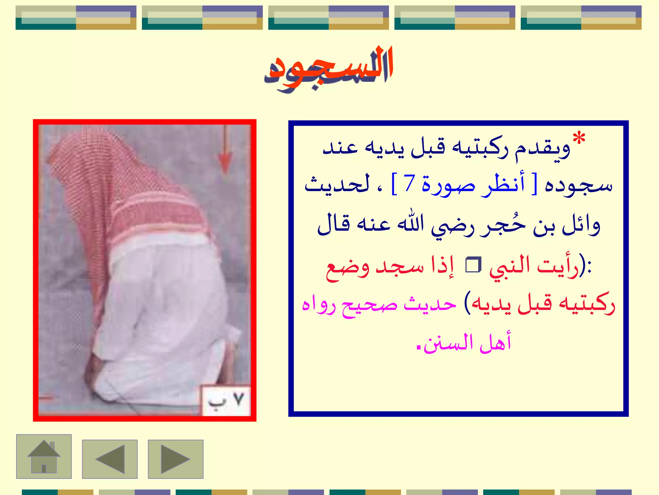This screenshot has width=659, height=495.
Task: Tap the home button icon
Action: (44, 456)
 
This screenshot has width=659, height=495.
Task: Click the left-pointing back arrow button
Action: (110, 459)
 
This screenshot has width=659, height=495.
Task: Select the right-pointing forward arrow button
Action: (175, 459)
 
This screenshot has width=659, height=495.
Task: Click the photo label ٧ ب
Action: (226, 401)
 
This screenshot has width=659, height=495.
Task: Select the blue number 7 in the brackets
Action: (409, 184)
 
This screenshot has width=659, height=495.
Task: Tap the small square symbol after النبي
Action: (473, 265)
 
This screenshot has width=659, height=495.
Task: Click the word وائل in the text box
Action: (581, 225)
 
